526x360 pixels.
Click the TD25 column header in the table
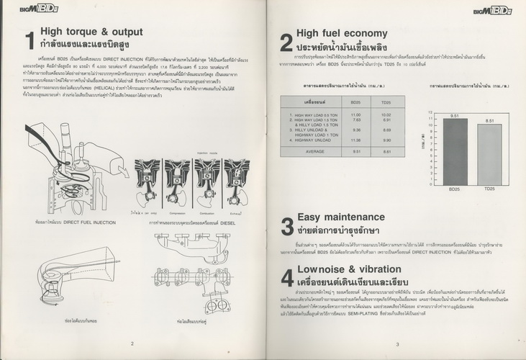[x=385, y=103]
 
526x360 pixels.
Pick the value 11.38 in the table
[x=355, y=140]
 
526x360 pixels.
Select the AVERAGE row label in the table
[x=314, y=152]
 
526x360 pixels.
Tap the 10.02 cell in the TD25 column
[x=385, y=115]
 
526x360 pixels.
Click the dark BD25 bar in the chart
[x=455, y=151]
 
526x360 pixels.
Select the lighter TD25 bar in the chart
[x=490, y=155]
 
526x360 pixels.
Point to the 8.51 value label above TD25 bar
[x=490, y=121]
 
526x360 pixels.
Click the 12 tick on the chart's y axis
[x=430, y=112]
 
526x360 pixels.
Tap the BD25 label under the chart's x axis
[x=455, y=189]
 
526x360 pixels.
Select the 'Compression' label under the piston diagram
[x=178, y=213]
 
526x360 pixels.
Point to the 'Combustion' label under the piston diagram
[x=207, y=213]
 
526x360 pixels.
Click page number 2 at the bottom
[x=131, y=344]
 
